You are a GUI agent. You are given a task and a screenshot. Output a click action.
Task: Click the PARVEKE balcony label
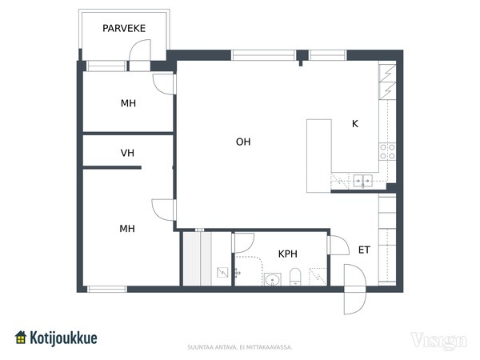(x=124, y=29)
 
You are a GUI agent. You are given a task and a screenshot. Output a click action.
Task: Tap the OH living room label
(x=243, y=142)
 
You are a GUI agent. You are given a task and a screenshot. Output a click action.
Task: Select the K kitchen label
(x=354, y=124)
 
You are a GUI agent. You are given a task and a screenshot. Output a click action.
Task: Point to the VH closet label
(x=127, y=153)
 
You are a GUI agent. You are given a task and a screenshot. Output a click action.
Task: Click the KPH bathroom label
(x=288, y=254)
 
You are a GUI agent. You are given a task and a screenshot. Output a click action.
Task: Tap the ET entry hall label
(x=364, y=250)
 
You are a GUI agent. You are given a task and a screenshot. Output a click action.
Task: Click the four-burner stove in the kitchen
(x=387, y=151)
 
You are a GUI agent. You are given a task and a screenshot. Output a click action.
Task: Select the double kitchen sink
(x=363, y=181)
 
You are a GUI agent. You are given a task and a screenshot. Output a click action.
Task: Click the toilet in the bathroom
(x=295, y=277)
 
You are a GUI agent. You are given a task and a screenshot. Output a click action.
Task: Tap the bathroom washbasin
(x=273, y=279)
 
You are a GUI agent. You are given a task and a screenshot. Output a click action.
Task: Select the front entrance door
(x=354, y=290)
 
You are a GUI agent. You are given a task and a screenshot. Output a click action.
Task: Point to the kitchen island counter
(x=319, y=156)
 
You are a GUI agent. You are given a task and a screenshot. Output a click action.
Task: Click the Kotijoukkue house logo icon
(x=21, y=338)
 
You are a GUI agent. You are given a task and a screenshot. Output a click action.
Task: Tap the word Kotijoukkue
(x=63, y=338)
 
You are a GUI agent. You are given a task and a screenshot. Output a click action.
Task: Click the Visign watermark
(x=438, y=341)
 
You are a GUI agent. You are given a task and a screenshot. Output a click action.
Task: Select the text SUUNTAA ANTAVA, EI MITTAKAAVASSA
(x=240, y=347)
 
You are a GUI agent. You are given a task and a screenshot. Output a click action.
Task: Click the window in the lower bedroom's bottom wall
(x=107, y=290)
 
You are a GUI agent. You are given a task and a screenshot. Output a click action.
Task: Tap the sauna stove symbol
(x=222, y=272)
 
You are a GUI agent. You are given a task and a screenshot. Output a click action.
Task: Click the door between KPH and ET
(x=338, y=246)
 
